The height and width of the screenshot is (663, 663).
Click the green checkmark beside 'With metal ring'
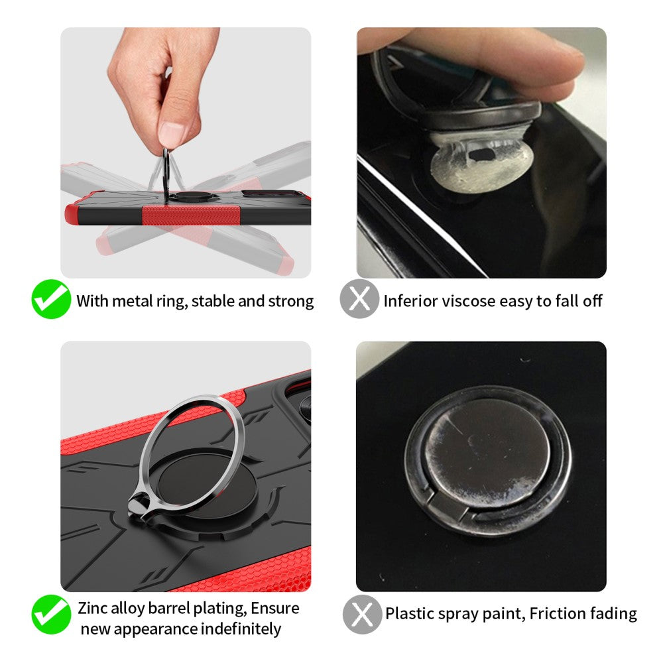(51, 299)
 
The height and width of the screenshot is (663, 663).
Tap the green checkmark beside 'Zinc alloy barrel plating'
(51, 615)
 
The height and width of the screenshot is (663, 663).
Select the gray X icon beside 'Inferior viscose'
(359, 299)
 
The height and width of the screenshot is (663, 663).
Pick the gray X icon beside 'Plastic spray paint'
(362, 615)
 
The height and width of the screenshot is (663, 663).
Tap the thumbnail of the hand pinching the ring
(186, 152)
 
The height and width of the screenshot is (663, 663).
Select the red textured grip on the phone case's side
(191, 215)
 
